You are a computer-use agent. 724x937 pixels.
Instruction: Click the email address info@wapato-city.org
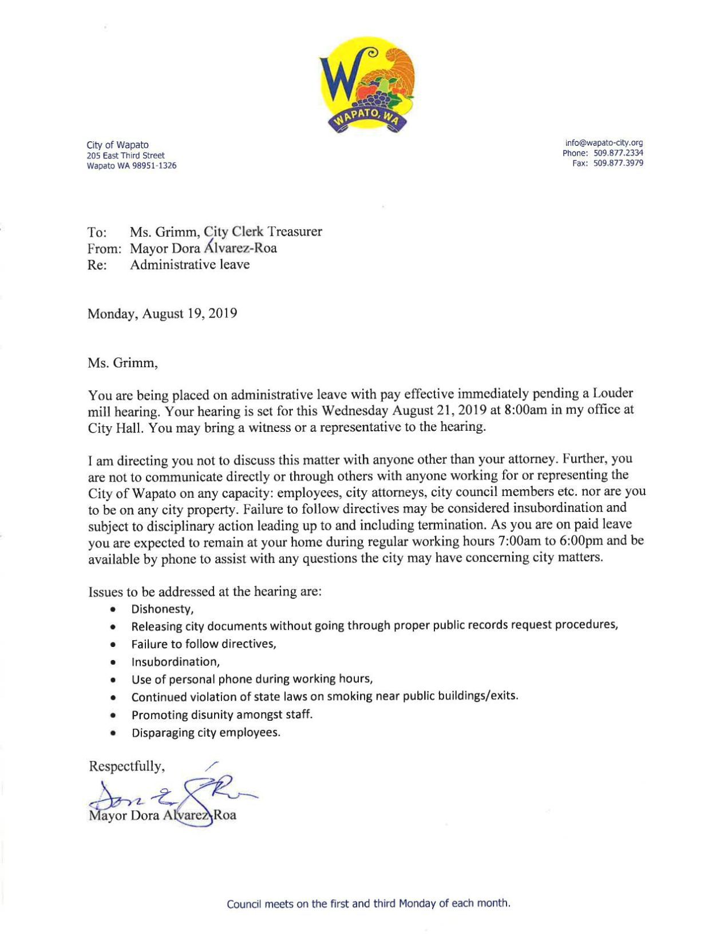[x=604, y=142]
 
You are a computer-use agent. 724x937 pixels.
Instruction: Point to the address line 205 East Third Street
[x=125, y=156]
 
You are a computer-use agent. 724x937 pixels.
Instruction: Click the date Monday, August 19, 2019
[x=162, y=313]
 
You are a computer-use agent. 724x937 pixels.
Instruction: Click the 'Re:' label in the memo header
[x=97, y=265]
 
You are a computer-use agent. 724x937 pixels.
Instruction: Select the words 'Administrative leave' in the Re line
[x=189, y=264]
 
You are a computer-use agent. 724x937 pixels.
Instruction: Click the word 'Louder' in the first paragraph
[x=612, y=394]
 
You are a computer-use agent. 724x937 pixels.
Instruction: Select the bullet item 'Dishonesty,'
[x=163, y=609]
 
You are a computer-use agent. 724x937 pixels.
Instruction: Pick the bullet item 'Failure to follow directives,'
[x=204, y=644]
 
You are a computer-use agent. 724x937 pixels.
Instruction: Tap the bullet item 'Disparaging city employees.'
[x=205, y=733]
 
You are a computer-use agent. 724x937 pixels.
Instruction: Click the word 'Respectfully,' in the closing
[x=126, y=766]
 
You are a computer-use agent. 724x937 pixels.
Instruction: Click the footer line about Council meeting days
[x=368, y=903]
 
